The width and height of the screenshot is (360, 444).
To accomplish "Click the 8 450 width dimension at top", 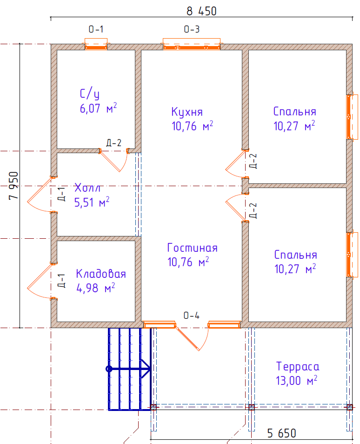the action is click(x=201, y=11).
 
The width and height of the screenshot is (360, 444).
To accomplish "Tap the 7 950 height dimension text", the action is click(x=13, y=186).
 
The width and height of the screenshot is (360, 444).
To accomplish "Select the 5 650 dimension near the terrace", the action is click(x=282, y=433).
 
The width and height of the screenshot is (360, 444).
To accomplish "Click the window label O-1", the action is click(x=96, y=29).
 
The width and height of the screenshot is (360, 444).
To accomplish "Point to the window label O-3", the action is click(x=192, y=29).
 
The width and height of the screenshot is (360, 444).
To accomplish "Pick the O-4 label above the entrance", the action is click(x=191, y=316).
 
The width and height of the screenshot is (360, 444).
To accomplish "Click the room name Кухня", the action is click(x=187, y=112).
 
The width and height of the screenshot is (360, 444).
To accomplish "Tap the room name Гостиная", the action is click(x=193, y=248).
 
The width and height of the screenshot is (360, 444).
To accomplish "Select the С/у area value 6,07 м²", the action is click(x=98, y=108).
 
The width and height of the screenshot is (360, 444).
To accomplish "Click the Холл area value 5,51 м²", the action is click(x=92, y=202).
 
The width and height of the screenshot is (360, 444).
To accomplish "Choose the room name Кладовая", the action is click(x=101, y=274).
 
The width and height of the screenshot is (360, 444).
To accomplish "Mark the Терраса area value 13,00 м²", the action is click(x=297, y=380).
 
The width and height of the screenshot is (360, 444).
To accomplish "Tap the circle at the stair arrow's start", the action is click(x=109, y=369).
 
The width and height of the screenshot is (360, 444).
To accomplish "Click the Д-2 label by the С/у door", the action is click(x=114, y=143).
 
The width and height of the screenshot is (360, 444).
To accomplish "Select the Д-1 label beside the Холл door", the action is click(x=61, y=194).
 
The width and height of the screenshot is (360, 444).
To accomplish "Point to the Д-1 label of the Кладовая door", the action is click(x=61, y=281).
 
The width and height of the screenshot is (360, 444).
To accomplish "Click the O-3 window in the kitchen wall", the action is click(x=192, y=45).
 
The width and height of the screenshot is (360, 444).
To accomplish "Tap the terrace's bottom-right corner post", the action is click(x=350, y=408).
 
